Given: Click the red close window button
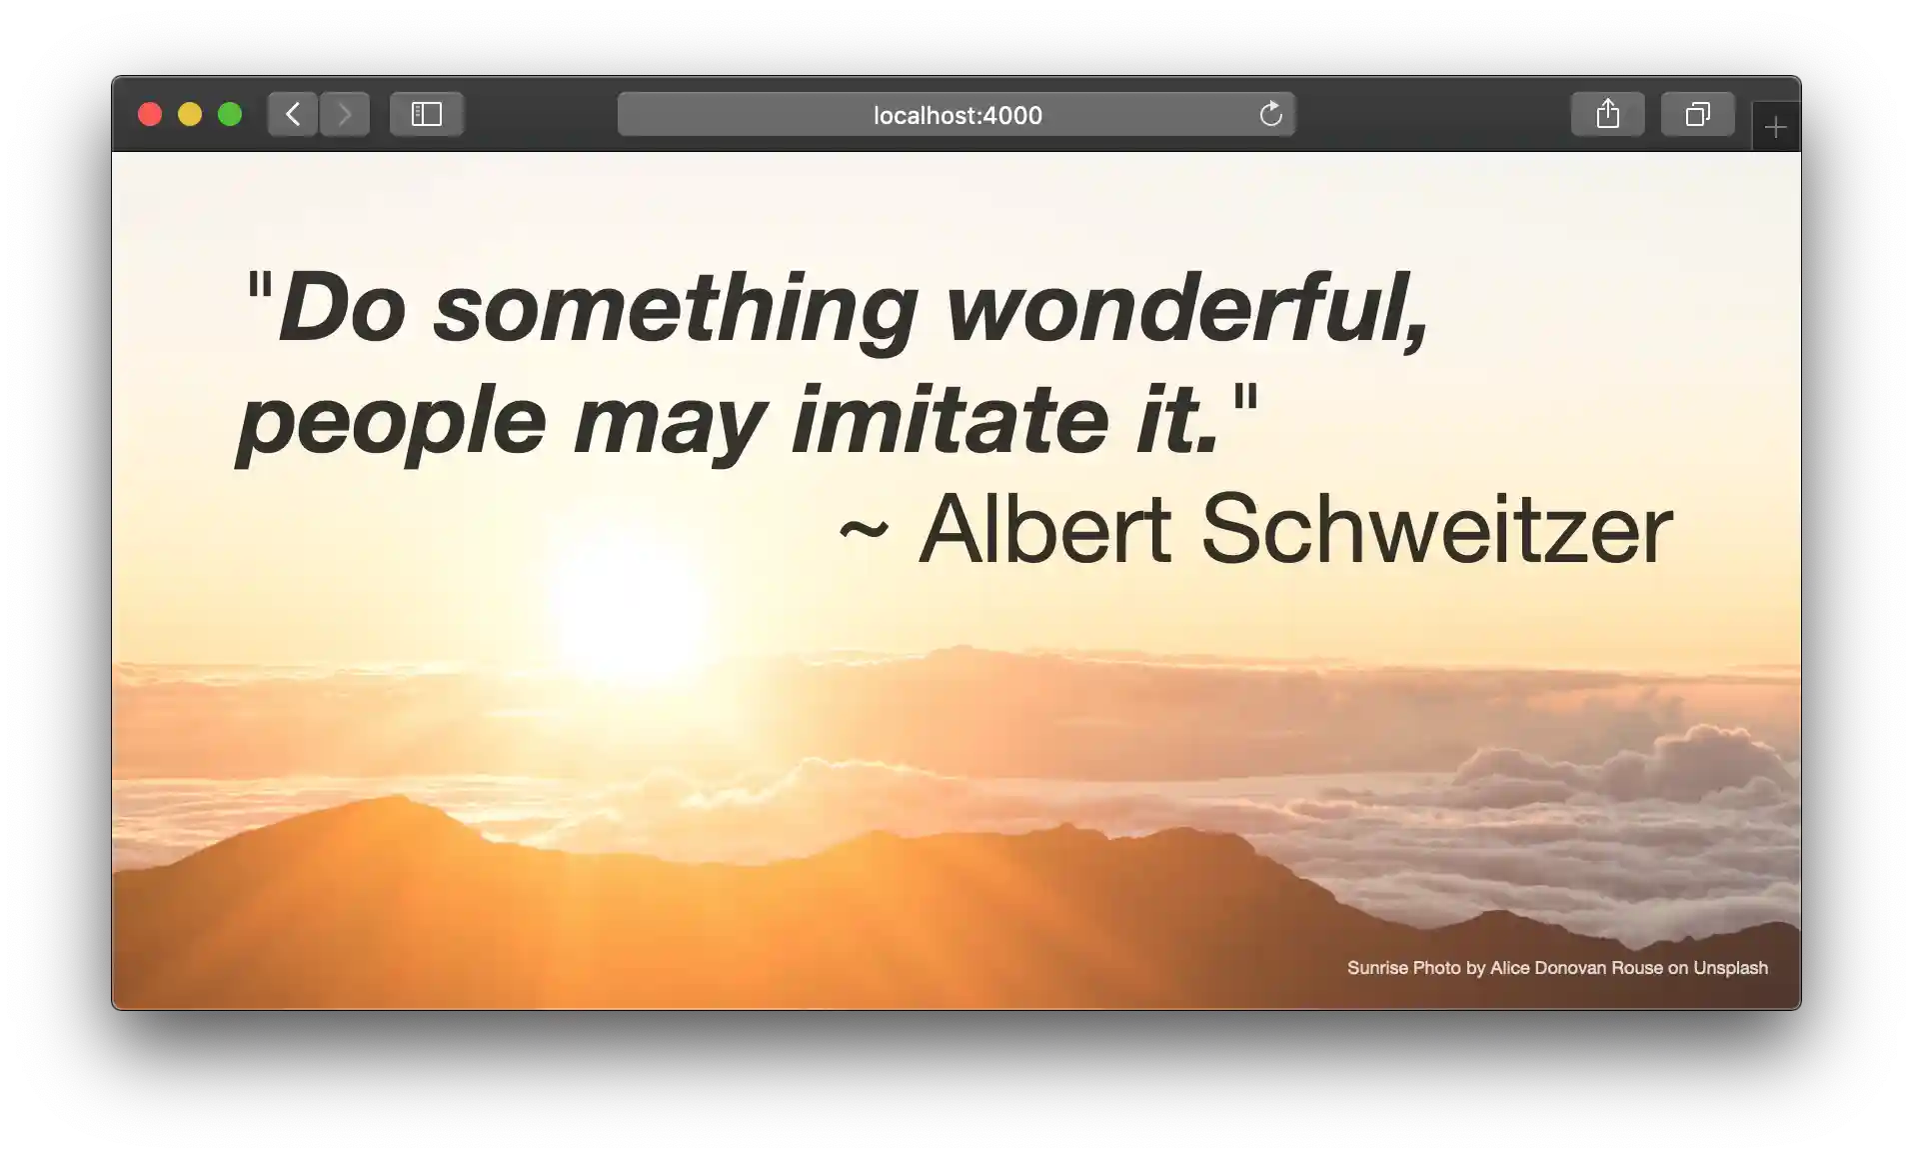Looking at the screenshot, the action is (x=150, y=114).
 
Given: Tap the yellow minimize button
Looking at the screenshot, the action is (x=190, y=114).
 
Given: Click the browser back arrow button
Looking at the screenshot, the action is (x=293, y=114).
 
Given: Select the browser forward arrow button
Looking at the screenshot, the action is (x=345, y=114).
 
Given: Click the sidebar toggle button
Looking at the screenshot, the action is (x=427, y=114).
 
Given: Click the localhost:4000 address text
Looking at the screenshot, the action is (x=957, y=115).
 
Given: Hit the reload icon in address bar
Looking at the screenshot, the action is (x=1270, y=114).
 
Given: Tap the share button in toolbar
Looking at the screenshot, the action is (x=1607, y=114).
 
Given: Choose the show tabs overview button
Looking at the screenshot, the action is (x=1697, y=114).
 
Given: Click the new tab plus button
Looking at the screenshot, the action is (x=1776, y=127).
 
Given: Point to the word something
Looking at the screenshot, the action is (x=676, y=311).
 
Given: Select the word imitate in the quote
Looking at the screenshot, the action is (x=951, y=419).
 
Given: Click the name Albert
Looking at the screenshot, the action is (x=1045, y=529).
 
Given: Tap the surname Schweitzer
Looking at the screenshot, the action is (x=1437, y=529).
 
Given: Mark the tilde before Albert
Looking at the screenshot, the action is (x=864, y=530).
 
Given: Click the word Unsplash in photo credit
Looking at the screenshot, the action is (x=1730, y=968).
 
